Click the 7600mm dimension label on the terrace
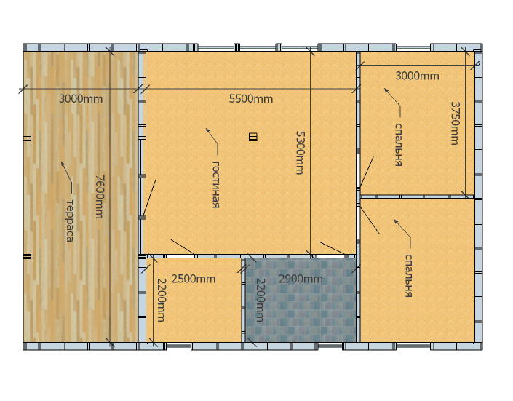click(x=100, y=196)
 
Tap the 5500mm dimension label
click(x=251, y=98)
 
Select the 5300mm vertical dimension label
click(x=300, y=153)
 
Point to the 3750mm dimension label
click(x=455, y=123)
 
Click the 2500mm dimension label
click(x=194, y=279)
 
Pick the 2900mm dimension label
click(x=301, y=279)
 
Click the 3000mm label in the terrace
click(x=81, y=98)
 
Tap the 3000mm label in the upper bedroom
click(x=417, y=76)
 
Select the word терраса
click(x=70, y=221)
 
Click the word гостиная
click(x=215, y=184)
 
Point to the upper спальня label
click(x=398, y=145)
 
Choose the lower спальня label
click(x=408, y=276)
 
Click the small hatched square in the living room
click(x=253, y=137)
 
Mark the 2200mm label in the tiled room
click(x=260, y=300)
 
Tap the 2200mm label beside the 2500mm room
click(x=162, y=300)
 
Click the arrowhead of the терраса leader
click(x=63, y=164)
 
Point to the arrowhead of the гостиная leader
click(x=207, y=130)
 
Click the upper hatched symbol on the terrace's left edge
click(x=28, y=138)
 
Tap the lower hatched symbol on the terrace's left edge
click(x=28, y=255)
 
